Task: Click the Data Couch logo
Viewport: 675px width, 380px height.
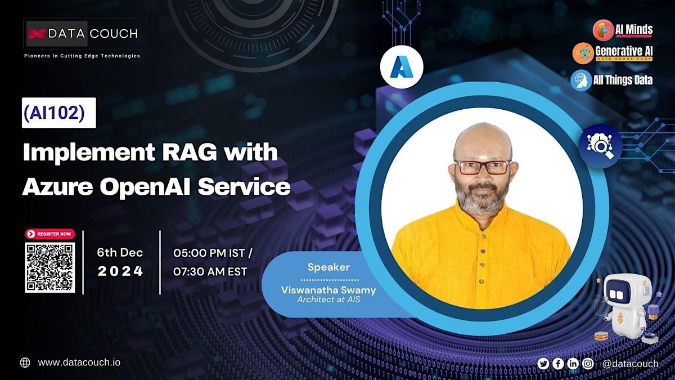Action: tap(82, 34)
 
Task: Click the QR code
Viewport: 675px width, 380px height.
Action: tap(49, 267)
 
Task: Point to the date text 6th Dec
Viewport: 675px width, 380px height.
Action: tap(120, 253)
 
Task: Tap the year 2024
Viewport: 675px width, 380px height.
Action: tap(120, 271)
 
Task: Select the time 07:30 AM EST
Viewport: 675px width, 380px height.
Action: tap(210, 271)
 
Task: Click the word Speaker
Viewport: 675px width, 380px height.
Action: tap(328, 267)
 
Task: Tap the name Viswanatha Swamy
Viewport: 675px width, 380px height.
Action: tap(328, 290)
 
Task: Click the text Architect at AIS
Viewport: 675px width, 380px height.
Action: tap(328, 300)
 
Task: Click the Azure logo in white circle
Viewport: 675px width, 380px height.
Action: tap(402, 67)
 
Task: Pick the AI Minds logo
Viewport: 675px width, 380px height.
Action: tap(623, 29)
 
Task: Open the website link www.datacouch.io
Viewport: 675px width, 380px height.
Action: tap(79, 363)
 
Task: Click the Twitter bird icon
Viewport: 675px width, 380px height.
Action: tap(543, 364)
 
